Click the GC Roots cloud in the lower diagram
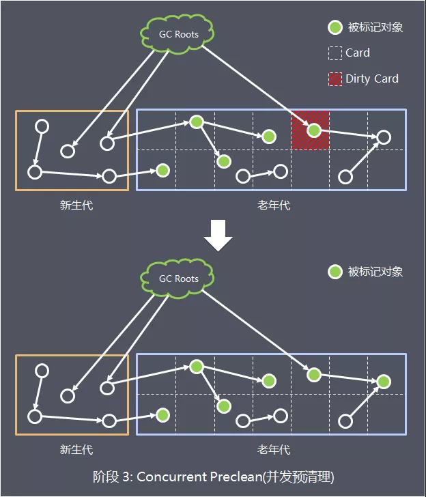pos(178,278)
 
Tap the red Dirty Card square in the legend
pos(335,79)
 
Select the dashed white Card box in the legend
pos(335,53)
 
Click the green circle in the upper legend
pos(335,27)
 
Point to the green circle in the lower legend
pos(335,272)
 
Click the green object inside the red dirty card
pos(313,130)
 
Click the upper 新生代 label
pos(76,205)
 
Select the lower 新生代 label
pos(76,449)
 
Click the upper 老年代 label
pos(273,205)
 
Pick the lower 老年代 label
pos(273,449)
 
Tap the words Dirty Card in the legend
pos(372,79)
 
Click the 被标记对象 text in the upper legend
pos(375,27)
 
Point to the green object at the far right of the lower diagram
pos(384,382)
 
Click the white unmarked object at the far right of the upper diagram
pos(384,137)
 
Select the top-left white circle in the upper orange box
pos(42,126)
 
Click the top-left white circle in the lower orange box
pos(42,371)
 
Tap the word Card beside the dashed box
pos(358,53)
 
